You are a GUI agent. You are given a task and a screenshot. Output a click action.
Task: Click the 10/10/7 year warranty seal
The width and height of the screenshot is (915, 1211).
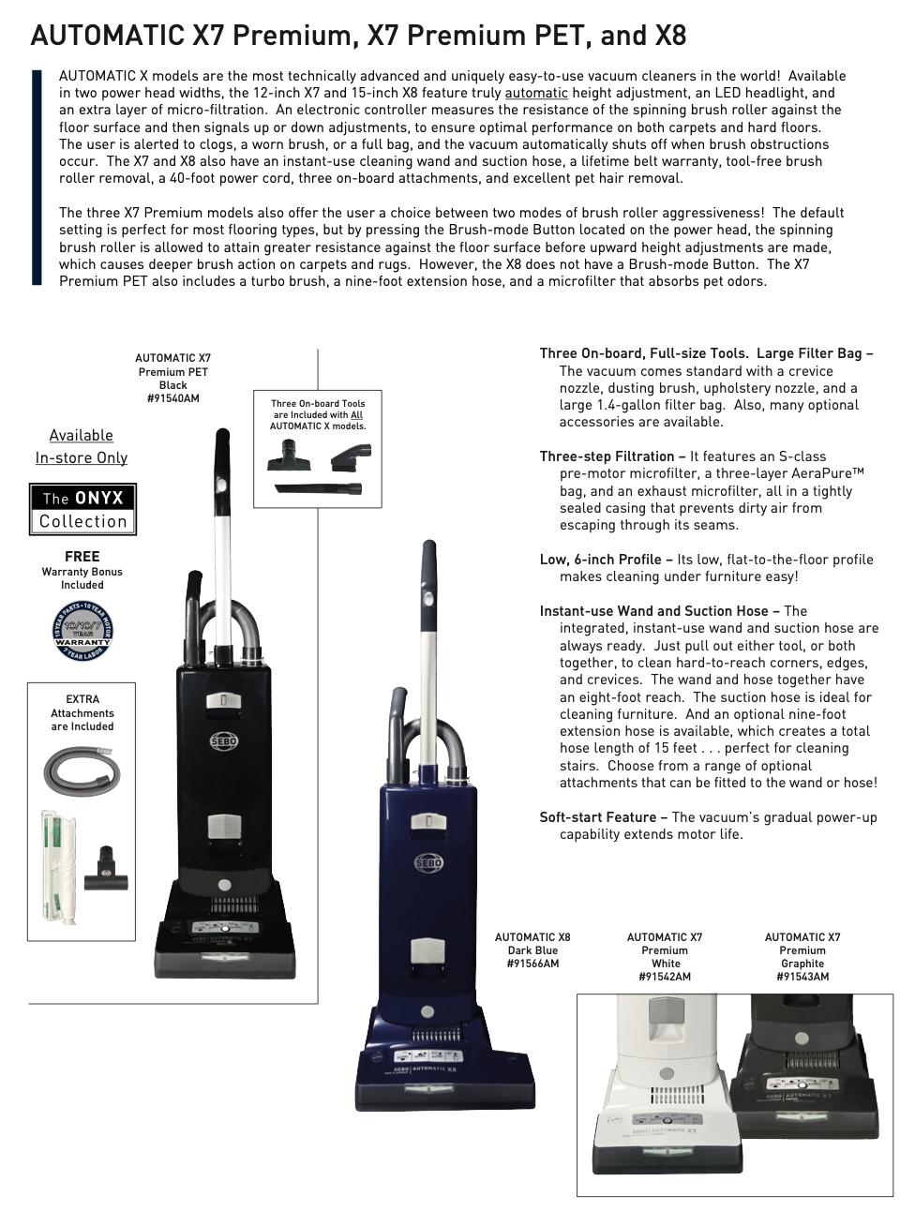pos(82,631)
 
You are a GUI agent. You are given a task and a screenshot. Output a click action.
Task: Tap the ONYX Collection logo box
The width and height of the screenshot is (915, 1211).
pos(82,510)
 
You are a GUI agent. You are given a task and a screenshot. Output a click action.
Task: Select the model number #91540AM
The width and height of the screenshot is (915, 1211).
pos(173,398)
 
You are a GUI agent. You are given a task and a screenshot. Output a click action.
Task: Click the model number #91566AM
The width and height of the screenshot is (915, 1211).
pos(532,964)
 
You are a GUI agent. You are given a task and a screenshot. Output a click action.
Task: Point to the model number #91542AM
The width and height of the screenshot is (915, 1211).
pos(665,977)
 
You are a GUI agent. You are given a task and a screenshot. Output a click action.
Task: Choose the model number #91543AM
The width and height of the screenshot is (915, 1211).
pos(802,977)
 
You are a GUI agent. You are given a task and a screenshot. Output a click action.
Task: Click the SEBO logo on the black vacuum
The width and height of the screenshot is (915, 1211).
pos(224,741)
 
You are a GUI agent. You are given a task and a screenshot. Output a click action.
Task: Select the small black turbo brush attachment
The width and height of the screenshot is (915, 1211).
pos(106,871)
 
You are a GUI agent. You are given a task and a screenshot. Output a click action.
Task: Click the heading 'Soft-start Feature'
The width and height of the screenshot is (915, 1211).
pos(603,817)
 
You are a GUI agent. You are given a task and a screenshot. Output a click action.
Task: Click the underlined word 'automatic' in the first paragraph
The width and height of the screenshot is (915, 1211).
pos(536,93)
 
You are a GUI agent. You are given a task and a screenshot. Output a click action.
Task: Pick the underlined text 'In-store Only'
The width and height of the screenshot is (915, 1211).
pos(82,457)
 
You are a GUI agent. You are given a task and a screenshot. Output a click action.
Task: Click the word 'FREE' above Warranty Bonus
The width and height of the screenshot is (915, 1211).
pos(82,557)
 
